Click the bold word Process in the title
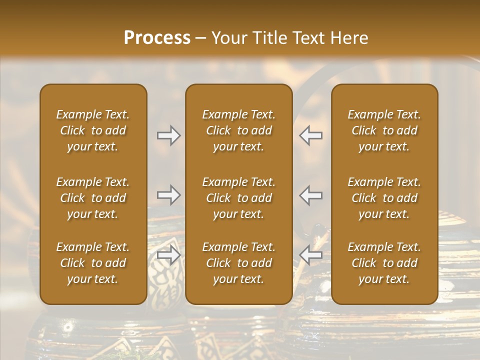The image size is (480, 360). tap(157, 38)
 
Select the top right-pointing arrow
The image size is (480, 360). tap(168, 135)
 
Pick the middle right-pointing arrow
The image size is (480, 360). tap(168, 195)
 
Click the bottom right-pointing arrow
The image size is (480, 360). tap(168, 255)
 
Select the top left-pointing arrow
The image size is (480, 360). tap(311, 135)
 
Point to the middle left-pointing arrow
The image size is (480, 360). tap(311, 195)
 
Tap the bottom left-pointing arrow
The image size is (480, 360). tap(311, 255)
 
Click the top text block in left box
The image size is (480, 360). tap(93, 130)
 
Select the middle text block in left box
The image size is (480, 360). tap(93, 198)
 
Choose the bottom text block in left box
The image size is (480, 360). tap(93, 263)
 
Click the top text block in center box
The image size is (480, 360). tap(238, 130)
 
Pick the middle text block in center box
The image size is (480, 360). tap(238, 198)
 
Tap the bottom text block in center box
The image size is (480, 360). tap(238, 263)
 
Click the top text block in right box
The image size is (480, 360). tap(384, 130)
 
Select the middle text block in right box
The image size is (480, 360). tap(384, 198)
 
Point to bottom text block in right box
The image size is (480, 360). tap(384, 263)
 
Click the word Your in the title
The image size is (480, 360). tap(227, 38)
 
